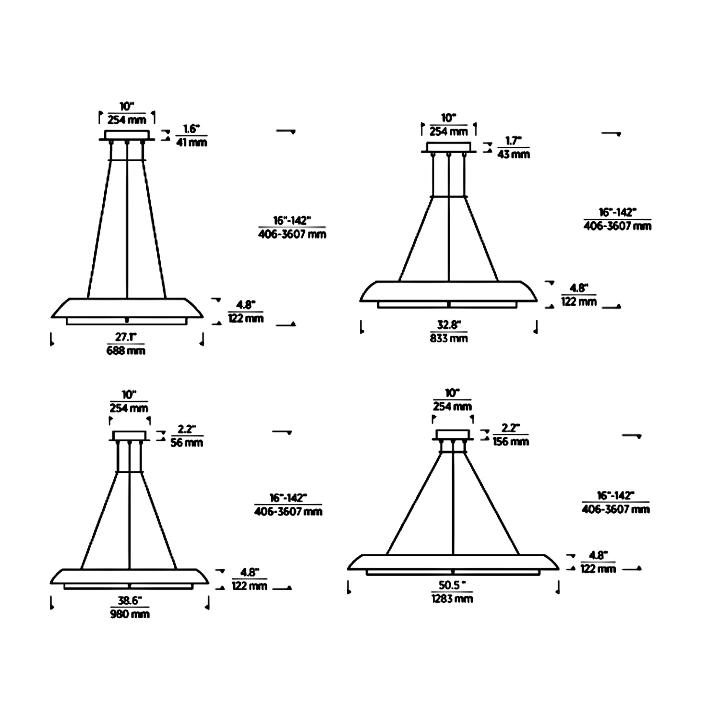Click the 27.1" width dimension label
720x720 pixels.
click(126, 337)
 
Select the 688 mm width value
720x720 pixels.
click(126, 351)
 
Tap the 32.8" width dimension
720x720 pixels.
click(449, 325)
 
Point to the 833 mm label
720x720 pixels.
click(449, 338)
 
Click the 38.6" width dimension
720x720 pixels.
click(129, 600)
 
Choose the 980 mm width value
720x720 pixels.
click(130, 614)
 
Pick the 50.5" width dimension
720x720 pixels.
click(452, 585)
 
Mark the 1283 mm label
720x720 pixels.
click(452, 599)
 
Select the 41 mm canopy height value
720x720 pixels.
click(192, 142)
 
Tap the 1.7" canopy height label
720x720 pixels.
click(513, 141)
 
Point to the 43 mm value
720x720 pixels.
click(514, 154)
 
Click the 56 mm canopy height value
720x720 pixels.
click(187, 443)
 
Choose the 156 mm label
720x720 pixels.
click(511, 441)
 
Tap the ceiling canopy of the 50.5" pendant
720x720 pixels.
click(452, 435)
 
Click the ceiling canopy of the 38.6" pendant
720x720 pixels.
click(129, 436)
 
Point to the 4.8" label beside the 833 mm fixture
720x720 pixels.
click(578, 288)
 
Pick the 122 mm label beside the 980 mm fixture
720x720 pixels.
click(249, 586)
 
